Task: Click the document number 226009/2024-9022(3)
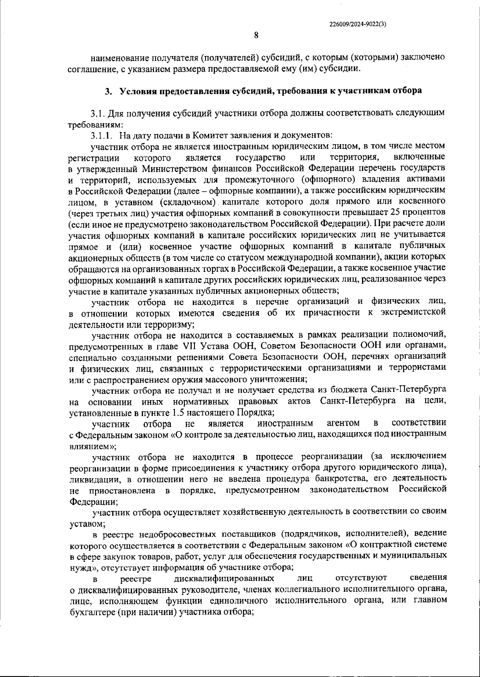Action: [358, 24]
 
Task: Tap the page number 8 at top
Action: [256, 35]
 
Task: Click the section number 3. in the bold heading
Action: [108, 91]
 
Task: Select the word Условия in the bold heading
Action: [136, 91]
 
